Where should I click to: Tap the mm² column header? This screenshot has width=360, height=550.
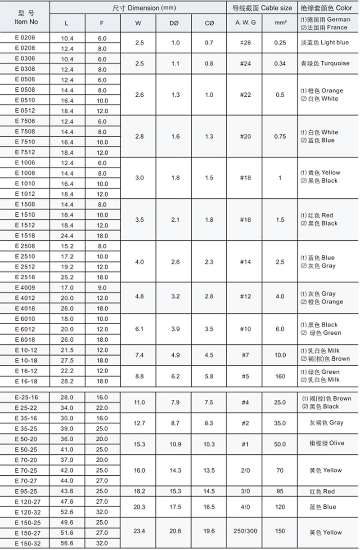click(x=280, y=22)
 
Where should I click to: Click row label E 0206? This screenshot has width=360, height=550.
click(x=25, y=38)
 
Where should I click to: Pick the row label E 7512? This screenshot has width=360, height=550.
click(x=25, y=152)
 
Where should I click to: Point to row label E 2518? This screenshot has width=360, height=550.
click(x=25, y=277)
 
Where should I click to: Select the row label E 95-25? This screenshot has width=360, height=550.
click(x=25, y=491)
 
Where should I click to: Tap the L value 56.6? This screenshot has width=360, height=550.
click(x=67, y=543)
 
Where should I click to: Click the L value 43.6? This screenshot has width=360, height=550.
click(x=67, y=491)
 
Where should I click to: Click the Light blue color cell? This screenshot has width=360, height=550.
click(x=324, y=43)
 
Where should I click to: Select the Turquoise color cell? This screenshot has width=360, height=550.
click(x=324, y=63)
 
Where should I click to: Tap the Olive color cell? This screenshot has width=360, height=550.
click(x=324, y=443)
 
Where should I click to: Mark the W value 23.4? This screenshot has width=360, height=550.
click(x=139, y=531)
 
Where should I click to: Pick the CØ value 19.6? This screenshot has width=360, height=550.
click(x=209, y=531)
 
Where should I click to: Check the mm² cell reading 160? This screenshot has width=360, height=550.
click(x=280, y=376)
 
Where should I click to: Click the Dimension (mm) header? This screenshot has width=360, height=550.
click(x=138, y=8)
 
